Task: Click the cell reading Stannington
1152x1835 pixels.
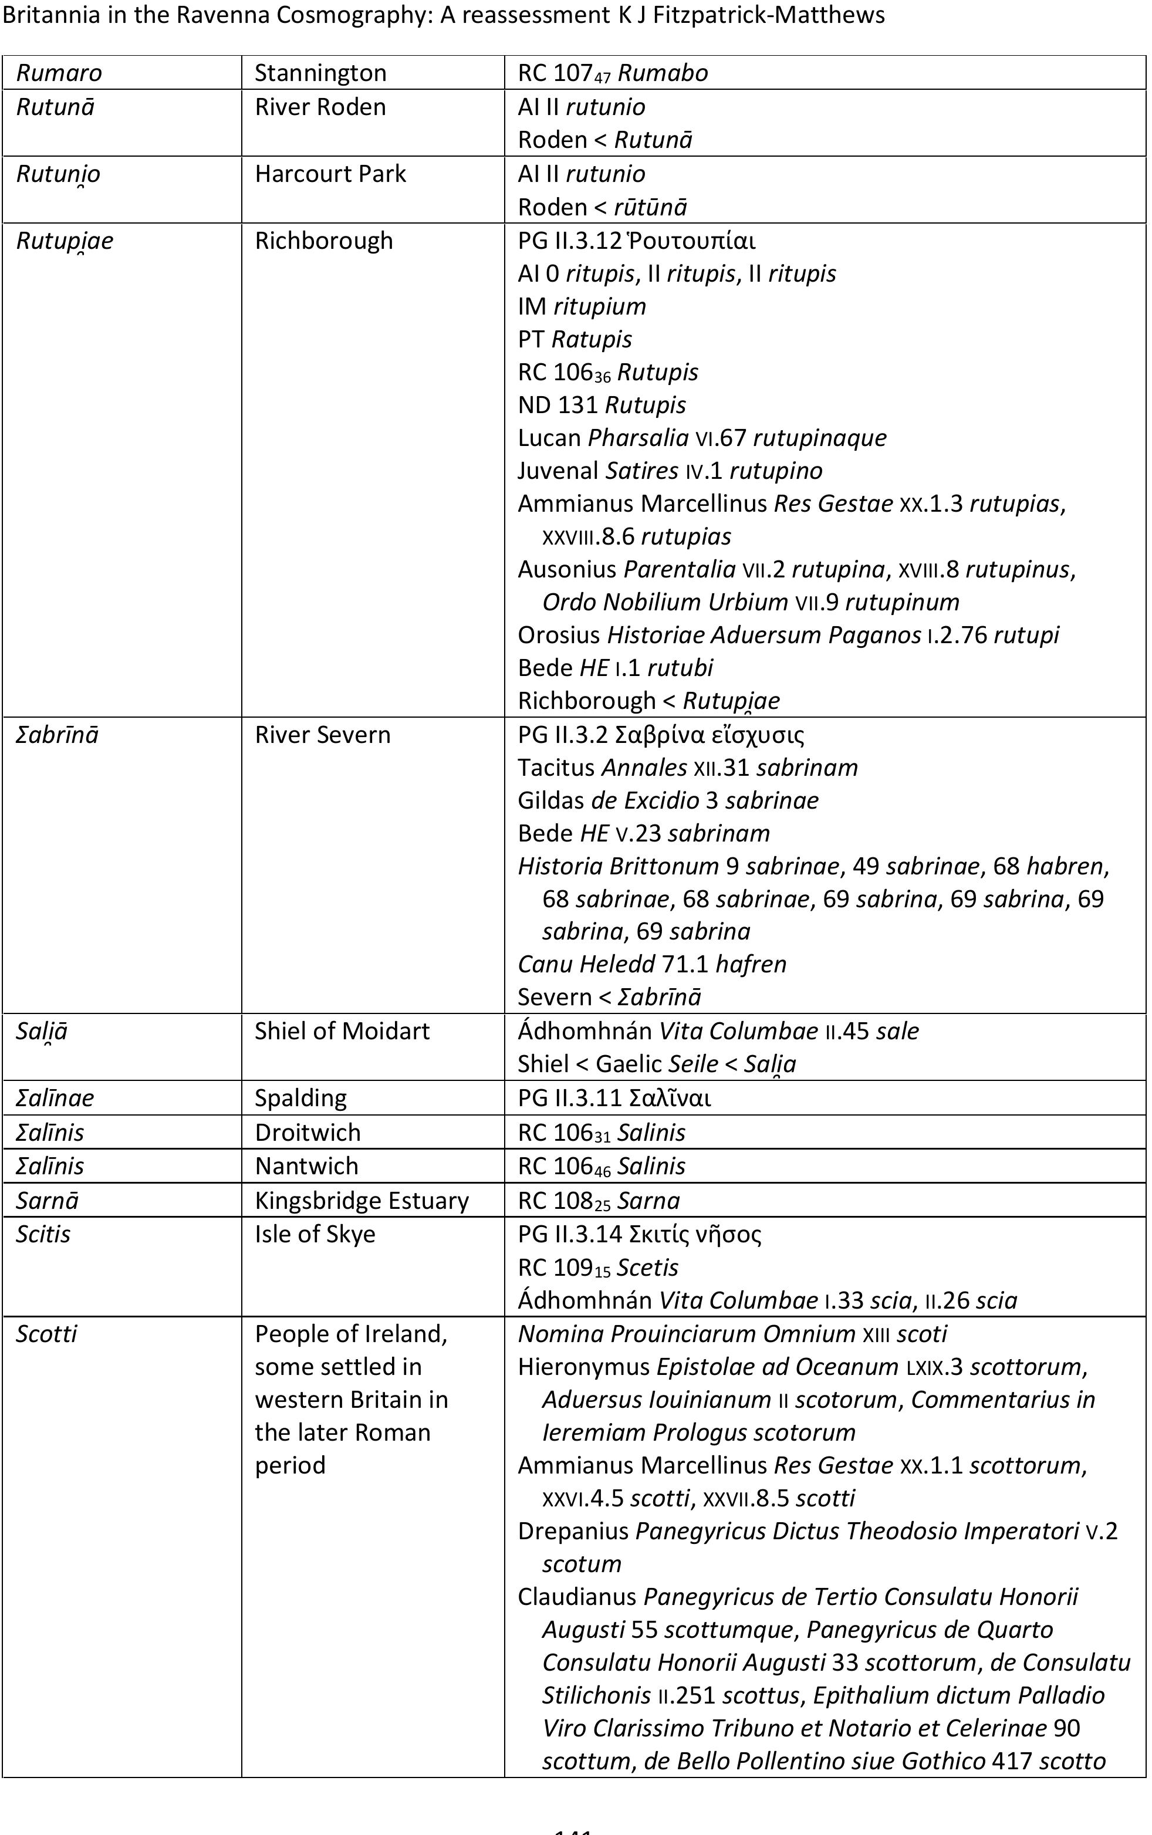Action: coord(320,73)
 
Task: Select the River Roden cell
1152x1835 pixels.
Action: coord(320,107)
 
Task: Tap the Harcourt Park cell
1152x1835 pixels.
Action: coord(330,174)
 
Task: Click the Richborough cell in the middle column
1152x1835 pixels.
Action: coord(324,241)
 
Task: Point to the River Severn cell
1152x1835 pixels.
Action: coord(322,735)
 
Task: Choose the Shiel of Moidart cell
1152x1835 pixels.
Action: coord(342,1032)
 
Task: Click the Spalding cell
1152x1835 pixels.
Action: coord(300,1099)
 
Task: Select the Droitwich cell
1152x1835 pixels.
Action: coord(307,1133)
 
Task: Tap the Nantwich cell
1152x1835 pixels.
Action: coord(306,1166)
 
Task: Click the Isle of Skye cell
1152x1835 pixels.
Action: coord(315,1235)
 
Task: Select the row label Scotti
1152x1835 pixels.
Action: coord(46,1334)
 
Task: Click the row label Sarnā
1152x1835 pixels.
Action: coord(47,1201)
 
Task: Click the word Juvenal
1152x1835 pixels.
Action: coord(558,471)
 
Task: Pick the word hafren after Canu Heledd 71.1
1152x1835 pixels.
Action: coord(751,964)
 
